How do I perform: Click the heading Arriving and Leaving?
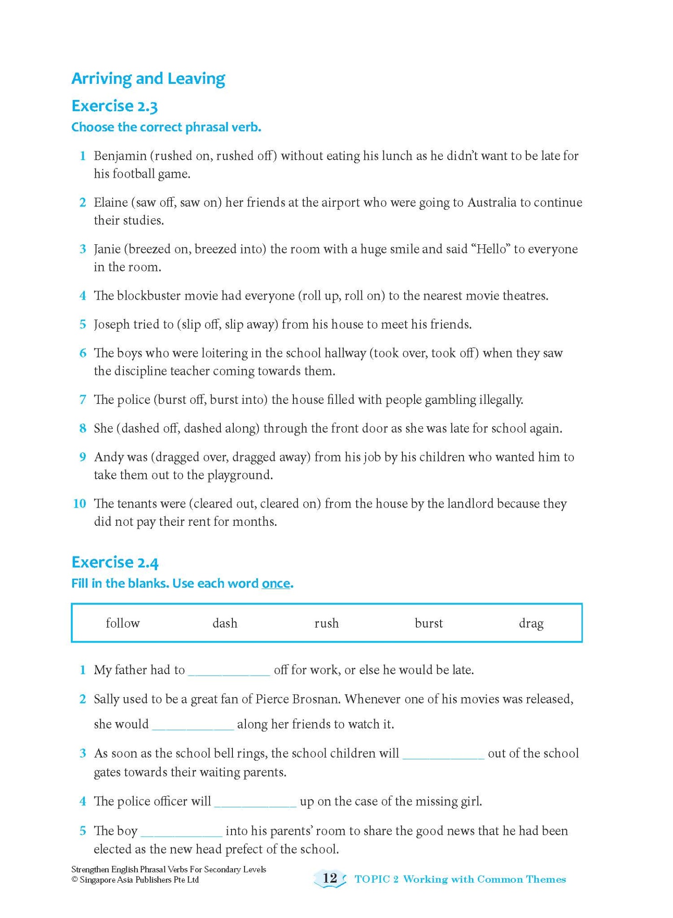[x=148, y=79]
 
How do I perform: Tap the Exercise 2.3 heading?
[x=115, y=106]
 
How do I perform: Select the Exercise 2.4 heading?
[x=115, y=563]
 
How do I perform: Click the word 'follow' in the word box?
[x=122, y=623]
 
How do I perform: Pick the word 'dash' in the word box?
[x=224, y=623]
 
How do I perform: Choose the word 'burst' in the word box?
[x=428, y=623]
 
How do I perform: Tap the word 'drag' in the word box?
[x=531, y=623]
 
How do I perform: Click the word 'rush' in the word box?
[x=326, y=623]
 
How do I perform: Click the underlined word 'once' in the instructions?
[x=276, y=583]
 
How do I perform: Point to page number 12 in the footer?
[x=330, y=878]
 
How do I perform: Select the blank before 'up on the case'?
[x=255, y=802]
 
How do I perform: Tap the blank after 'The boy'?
[x=181, y=831]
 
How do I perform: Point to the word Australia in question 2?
[x=492, y=202]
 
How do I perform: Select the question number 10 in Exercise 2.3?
[x=80, y=503]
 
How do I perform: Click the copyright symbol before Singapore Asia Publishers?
[x=74, y=880]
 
